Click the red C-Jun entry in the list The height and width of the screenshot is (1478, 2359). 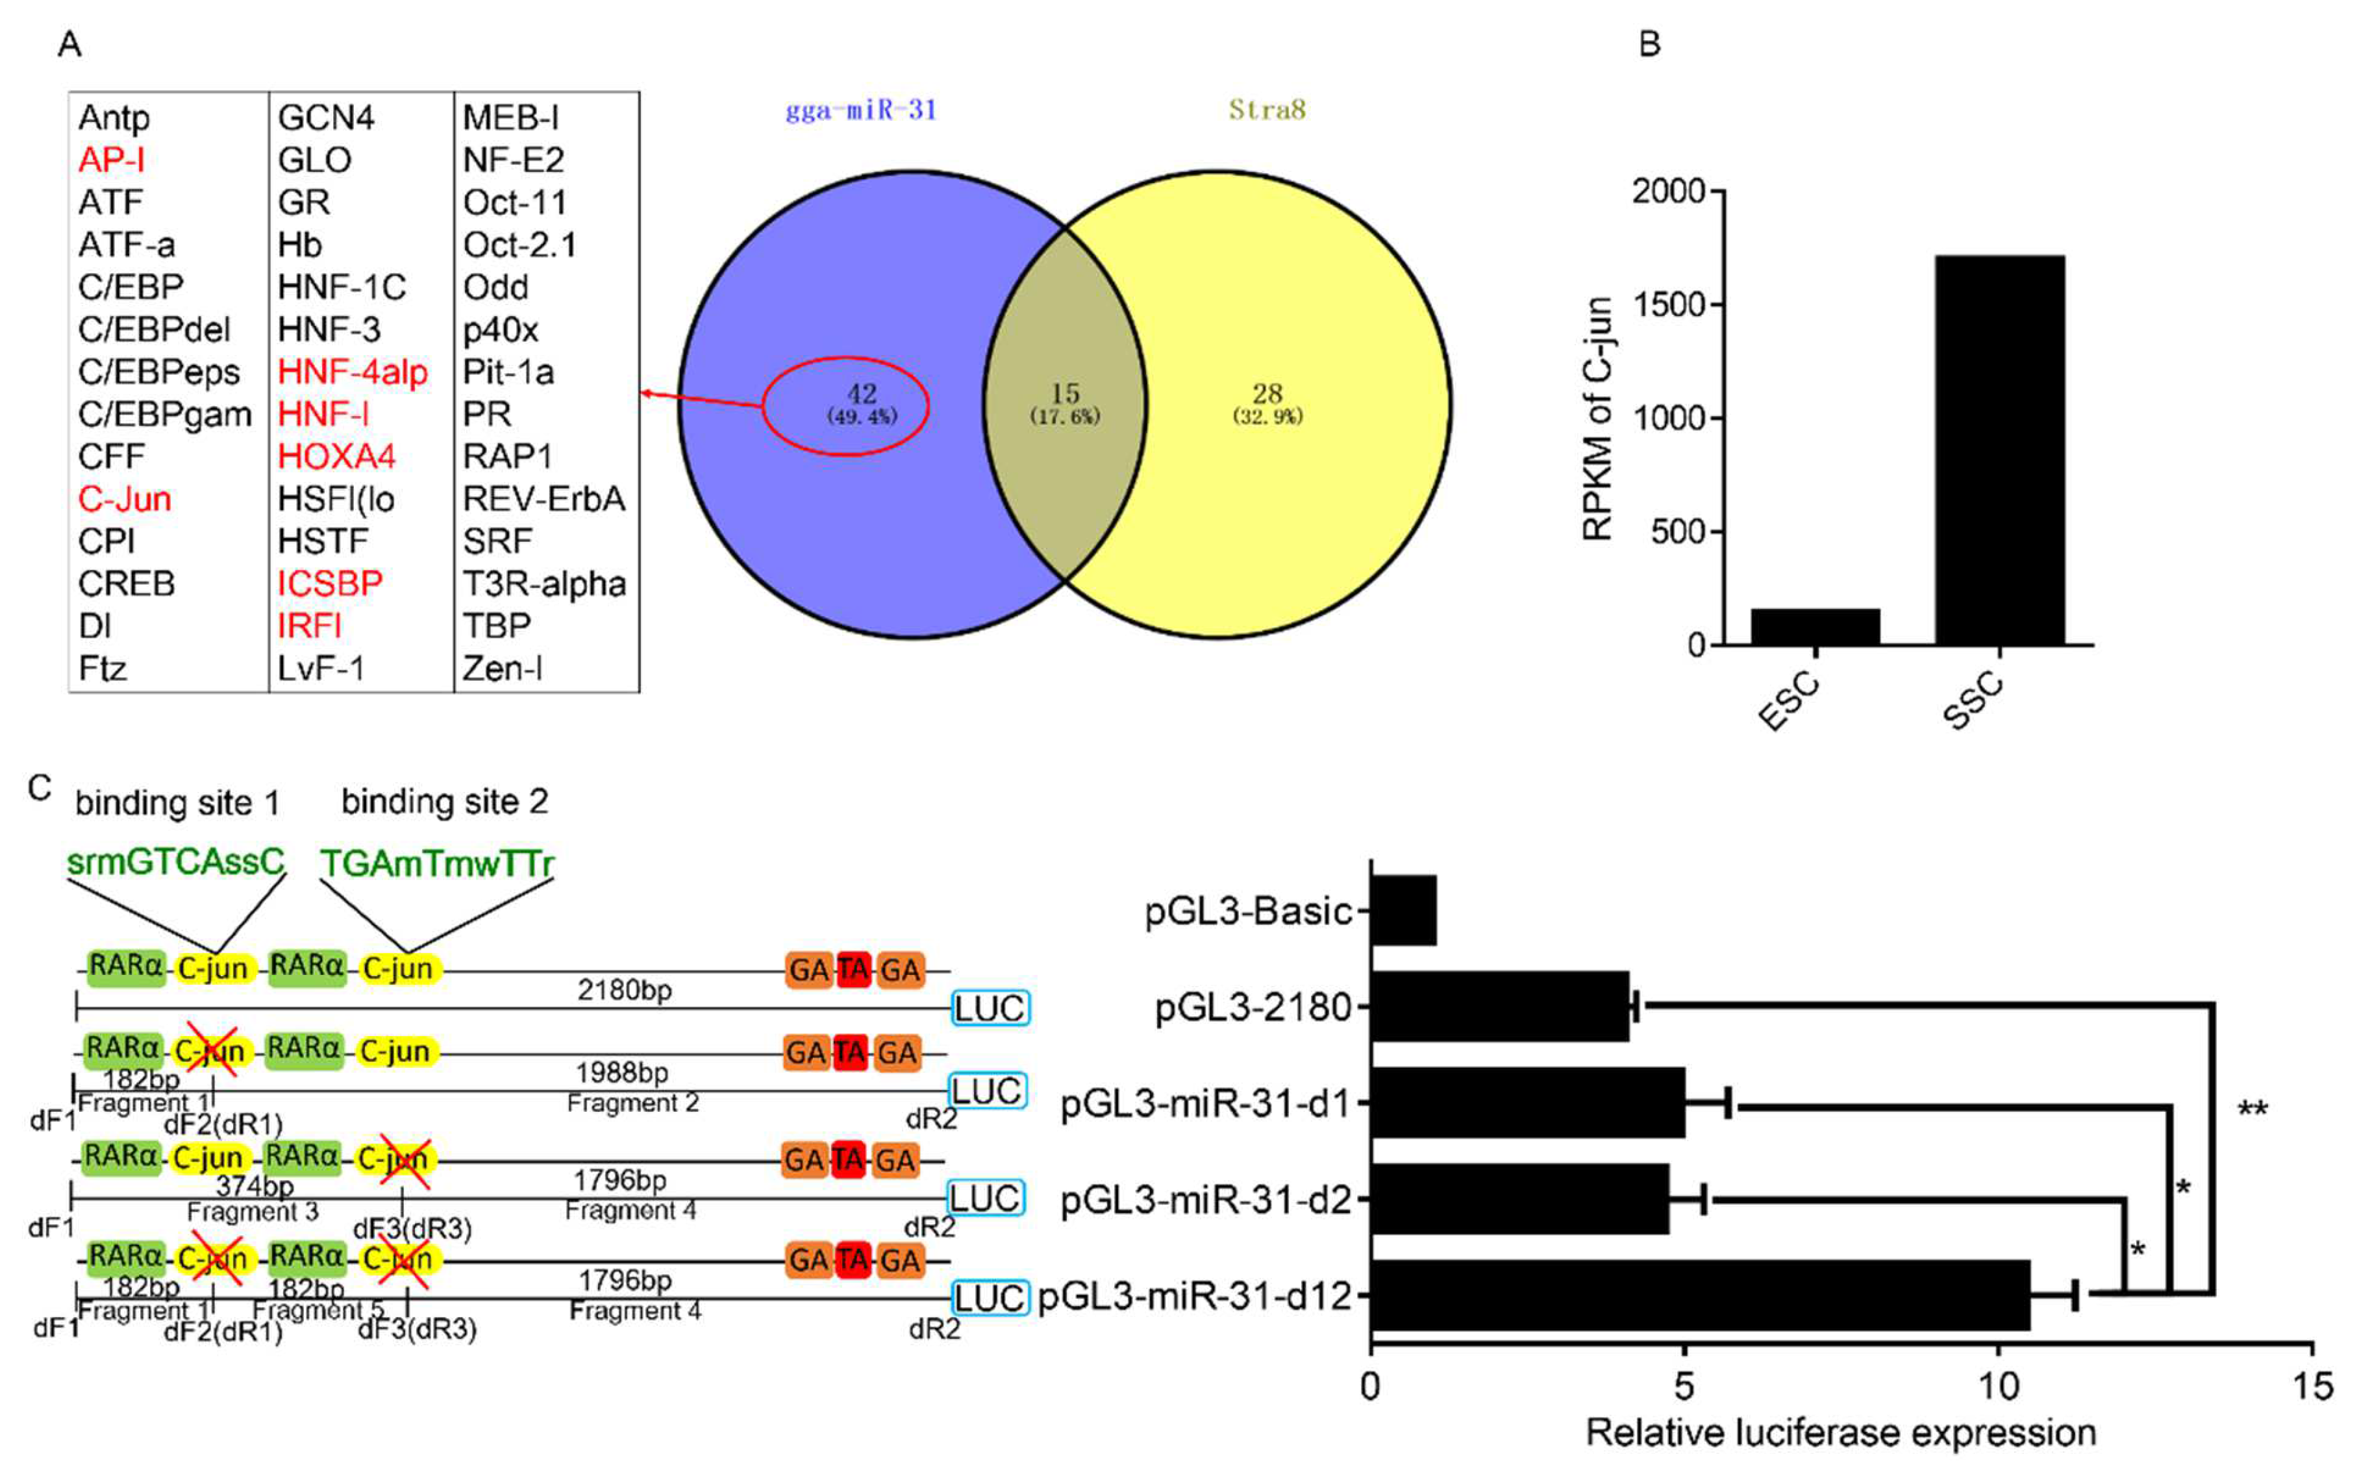tap(124, 500)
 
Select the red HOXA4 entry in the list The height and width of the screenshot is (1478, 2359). tap(336, 456)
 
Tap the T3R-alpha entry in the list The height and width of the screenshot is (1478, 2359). tap(543, 584)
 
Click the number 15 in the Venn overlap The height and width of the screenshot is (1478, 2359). tap(1065, 394)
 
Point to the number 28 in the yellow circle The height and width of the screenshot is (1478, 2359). tap(1267, 394)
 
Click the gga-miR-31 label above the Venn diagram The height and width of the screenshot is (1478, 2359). tap(860, 110)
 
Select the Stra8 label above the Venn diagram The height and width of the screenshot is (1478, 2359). tap(1267, 110)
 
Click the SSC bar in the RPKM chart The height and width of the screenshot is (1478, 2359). tap(1999, 450)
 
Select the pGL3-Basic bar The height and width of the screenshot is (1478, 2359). tap(1404, 910)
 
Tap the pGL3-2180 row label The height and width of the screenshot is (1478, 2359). tap(1253, 1006)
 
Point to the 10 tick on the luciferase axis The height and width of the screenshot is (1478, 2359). tap(1998, 1385)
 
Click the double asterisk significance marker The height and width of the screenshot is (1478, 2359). tap(2253, 1111)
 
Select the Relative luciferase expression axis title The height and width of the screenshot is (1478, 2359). tap(1840, 1433)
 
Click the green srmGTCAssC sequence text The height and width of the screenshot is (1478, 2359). tap(176, 862)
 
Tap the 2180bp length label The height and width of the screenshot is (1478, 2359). tap(624, 991)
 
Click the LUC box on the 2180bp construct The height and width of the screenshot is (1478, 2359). tap(990, 1008)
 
